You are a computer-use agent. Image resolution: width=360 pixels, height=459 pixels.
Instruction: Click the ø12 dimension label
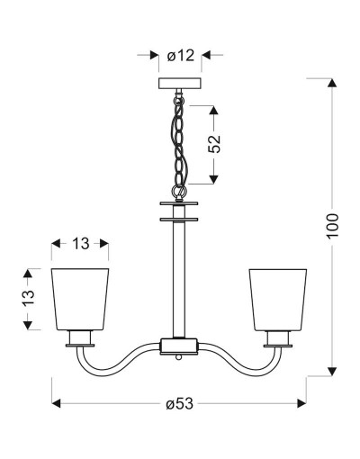coord(181,56)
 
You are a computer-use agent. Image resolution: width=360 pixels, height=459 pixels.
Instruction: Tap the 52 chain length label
coord(214,144)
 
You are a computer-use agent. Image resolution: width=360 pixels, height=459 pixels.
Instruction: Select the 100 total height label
coord(332,225)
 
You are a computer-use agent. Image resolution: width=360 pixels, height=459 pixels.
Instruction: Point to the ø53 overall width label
coord(180,403)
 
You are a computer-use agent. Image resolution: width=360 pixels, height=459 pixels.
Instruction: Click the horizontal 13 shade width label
coord(80,244)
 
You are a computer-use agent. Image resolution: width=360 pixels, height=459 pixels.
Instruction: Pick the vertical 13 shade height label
coord(29,297)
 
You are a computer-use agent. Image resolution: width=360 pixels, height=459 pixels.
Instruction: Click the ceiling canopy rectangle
coord(179,83)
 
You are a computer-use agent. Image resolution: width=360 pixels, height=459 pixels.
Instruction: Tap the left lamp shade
coord(80,300)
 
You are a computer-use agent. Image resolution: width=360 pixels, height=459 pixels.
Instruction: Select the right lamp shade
coord(278,300)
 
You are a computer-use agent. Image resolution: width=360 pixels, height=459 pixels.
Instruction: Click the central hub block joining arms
coord(179,346)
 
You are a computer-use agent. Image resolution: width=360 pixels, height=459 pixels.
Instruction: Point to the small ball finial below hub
coord(179,357)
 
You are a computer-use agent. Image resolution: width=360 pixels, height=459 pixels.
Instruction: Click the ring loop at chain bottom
coord(179,190)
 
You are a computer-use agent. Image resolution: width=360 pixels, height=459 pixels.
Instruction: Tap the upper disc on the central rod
coord(179,203)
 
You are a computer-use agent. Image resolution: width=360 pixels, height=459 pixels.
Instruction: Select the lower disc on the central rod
coord(179,220)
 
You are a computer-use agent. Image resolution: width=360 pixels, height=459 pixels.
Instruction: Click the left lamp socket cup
coord(80,338)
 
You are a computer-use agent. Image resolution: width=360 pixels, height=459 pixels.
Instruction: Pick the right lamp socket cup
coord(278,339)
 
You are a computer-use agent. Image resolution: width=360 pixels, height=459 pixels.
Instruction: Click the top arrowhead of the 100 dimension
coord(332,83)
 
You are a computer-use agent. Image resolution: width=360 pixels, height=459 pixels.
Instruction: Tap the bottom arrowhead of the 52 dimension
coord(213,179)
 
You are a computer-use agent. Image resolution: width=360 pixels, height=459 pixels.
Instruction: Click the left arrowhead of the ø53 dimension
coord(57,403)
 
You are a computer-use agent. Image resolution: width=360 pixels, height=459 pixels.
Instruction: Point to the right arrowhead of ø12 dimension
coord(206,55)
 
